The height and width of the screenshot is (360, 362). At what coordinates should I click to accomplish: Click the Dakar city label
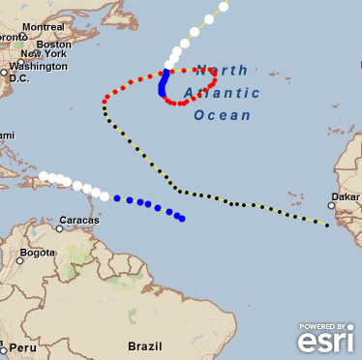pyautogui.click(x=345, y=197)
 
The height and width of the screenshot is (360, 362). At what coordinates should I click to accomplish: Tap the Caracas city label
pyautogui.click(x=78, y=220)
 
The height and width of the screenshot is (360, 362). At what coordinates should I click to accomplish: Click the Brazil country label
pyautogui.click(x=144, y=345)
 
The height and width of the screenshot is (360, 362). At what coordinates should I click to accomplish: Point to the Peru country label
pyautogui.click(x=23, y=347)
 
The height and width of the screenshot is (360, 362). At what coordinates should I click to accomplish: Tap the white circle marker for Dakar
pyautogui.click(x=331, y=205)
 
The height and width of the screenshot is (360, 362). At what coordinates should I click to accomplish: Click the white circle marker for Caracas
pyautogui.click(x=60, y=228)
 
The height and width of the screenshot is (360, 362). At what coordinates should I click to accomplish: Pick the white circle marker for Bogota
pyautogui.click(x=19, y=260)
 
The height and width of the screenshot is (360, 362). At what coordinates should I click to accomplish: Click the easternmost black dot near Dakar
pyautogui.click(x=326, y=225)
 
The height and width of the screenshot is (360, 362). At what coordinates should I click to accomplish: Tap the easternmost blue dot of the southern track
pyautogui.click(x=182, y=219)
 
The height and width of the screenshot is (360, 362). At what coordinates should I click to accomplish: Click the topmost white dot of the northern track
pyautogui.click(x=224, y=7)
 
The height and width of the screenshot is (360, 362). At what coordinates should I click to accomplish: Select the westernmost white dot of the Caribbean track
pyautogui.click(x=44, y=176)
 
